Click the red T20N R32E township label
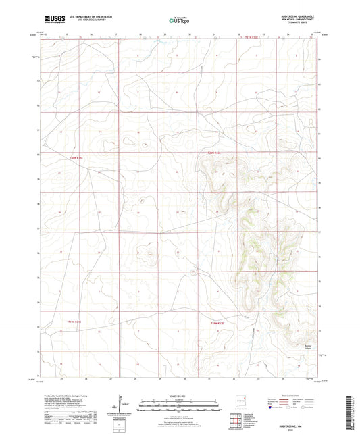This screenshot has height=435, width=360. pyautogui.click(x=215, y=157)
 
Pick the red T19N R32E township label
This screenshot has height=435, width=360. pyautogui.click(x=217, y=324)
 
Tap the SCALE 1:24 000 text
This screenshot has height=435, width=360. pyautogui.click(x=180, y=396)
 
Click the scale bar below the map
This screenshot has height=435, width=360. pyautogui.click(x=180, y=404)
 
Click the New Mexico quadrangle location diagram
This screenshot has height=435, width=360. pyautogui.click(x=241, y=399)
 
